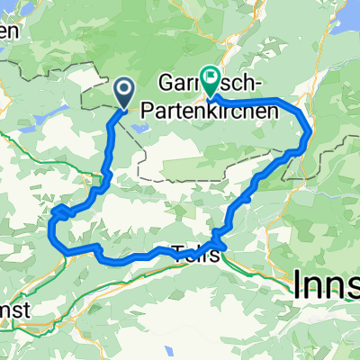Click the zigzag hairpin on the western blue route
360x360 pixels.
[x=61, y=212]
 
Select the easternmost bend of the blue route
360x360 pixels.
[x=310, y=134]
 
